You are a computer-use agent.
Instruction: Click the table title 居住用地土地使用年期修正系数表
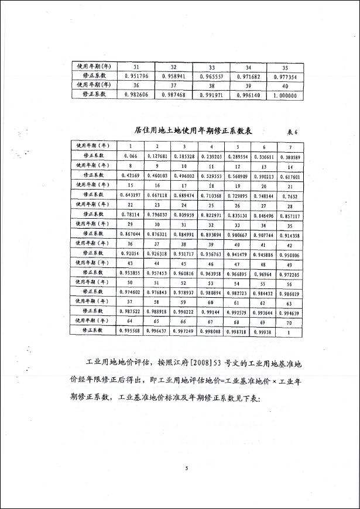pyautogui.click(x=194, y=130)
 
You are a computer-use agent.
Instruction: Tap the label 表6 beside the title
pyautogui.click(x=292, y=132)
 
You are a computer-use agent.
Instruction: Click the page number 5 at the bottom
pyautogui.click(x=186, y=469)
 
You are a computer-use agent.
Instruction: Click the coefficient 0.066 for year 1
pyautogui.click(x=131, y=156)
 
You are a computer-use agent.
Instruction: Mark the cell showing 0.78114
pyautogui.click(x=131, y=214)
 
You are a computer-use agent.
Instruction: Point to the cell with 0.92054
pyautogui.click(x=131, y=253)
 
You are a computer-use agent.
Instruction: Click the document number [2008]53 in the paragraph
pyautogui.click(x=203, y=363)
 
